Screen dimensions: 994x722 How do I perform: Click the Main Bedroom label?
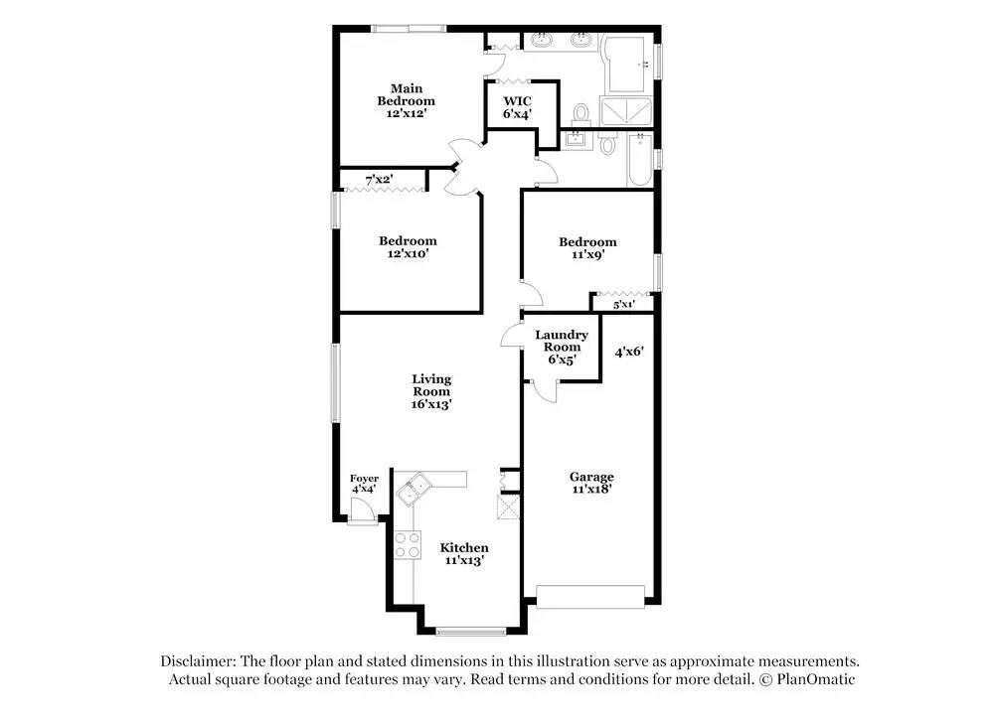[x=407, y=101]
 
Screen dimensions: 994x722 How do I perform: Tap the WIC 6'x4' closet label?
[x=517, y=107]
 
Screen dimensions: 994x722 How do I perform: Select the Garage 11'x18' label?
[x=591, y=483]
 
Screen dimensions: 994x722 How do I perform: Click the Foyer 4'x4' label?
[x=365, y=484]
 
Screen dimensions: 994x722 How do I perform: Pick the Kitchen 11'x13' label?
[x=464, y=553]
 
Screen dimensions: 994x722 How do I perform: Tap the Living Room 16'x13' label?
[x=431, y=391]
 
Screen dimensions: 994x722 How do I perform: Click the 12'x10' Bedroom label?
[x=408, y=247]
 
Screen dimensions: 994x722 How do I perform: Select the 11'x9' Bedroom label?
[x=587, y=247]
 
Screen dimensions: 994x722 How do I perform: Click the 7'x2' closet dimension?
[x=379, y=180]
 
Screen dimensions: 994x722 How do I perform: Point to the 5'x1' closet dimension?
[x=624, y=305]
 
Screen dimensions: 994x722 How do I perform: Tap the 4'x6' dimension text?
[x=629, y=351]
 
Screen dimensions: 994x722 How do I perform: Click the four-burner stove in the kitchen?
[x=408, y=545]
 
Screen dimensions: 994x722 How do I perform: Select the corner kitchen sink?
[x=414, y=489]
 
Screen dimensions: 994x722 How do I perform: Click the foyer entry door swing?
[x=362, y=509]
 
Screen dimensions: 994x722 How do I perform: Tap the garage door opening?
[x=590, y=597]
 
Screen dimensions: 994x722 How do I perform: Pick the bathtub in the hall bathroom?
[x=639, y=159]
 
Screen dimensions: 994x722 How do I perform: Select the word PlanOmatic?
[x=816, y=679]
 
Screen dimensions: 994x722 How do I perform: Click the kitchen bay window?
[x=471, y=631]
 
